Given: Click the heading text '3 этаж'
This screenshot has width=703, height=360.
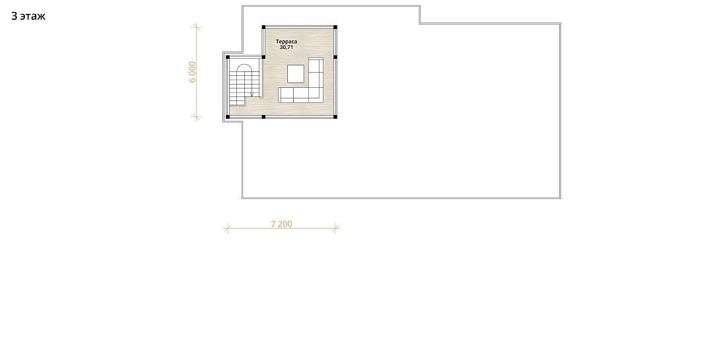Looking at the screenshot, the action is click(x=28, y=16).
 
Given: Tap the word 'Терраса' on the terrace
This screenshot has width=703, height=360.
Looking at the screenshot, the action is click(x=286, y=42).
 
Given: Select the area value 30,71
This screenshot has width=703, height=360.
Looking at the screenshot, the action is click(x=286, y=47).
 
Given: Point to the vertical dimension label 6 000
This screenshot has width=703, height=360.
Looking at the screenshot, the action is click(x=192, y=72).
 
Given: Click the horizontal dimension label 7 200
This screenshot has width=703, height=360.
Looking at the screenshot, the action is click(x=282, y=223).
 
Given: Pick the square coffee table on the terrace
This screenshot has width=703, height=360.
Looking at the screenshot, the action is click(x=296, y=73).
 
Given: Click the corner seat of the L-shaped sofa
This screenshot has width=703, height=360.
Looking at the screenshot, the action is click(x=316, y=94).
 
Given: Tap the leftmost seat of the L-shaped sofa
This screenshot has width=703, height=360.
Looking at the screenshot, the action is click(x=286, y=94).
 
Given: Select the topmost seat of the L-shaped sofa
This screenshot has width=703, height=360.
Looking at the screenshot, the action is click(x=316, y=65).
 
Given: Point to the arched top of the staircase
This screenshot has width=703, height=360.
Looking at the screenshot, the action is click(x=244, y=68).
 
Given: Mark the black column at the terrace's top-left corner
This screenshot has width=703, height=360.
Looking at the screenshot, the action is click(x=263, y=27).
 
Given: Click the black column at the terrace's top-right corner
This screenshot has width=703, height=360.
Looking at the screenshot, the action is click(x=335, y=27).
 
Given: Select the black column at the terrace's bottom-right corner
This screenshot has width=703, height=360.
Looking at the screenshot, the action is click(x=335, y=117).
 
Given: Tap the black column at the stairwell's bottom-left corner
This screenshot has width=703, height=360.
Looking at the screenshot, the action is click(x=228, y=117).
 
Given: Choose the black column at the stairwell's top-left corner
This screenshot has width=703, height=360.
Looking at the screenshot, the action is click(x=228, y=57).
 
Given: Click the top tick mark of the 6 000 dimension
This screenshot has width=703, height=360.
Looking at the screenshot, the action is click(x=196, y=27).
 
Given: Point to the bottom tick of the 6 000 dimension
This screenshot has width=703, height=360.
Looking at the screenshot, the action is click(x=196, y=117).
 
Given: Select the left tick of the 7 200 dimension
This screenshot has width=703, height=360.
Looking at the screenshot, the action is click(x=227, y=228).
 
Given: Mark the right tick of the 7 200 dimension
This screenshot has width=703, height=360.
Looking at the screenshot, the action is click(x=336, y=228).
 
